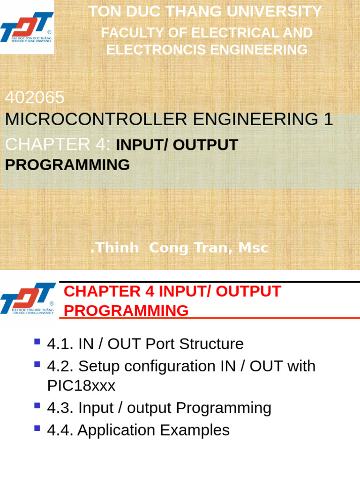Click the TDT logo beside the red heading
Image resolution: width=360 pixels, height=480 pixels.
point(28,298)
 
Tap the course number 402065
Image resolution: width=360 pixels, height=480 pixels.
point(35,97)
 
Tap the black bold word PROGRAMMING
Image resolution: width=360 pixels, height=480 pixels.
point(67,165)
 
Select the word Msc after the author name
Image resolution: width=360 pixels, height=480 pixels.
point(253,248)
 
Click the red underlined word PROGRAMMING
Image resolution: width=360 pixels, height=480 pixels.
point(126,311)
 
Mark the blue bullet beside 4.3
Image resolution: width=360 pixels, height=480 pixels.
point(37,405)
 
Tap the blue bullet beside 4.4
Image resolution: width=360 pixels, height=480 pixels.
point(37,427)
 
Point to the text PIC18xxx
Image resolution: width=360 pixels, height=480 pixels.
point(81,386)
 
